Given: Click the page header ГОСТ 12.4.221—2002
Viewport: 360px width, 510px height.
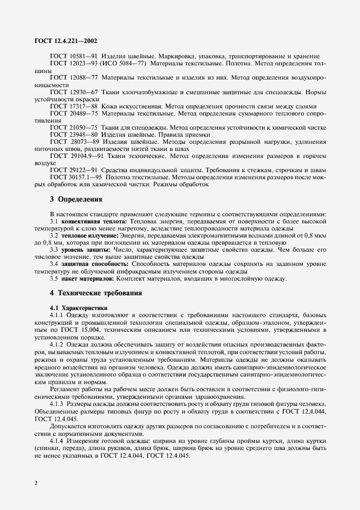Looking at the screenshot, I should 59,41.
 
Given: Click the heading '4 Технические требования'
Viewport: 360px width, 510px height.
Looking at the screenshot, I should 96,293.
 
